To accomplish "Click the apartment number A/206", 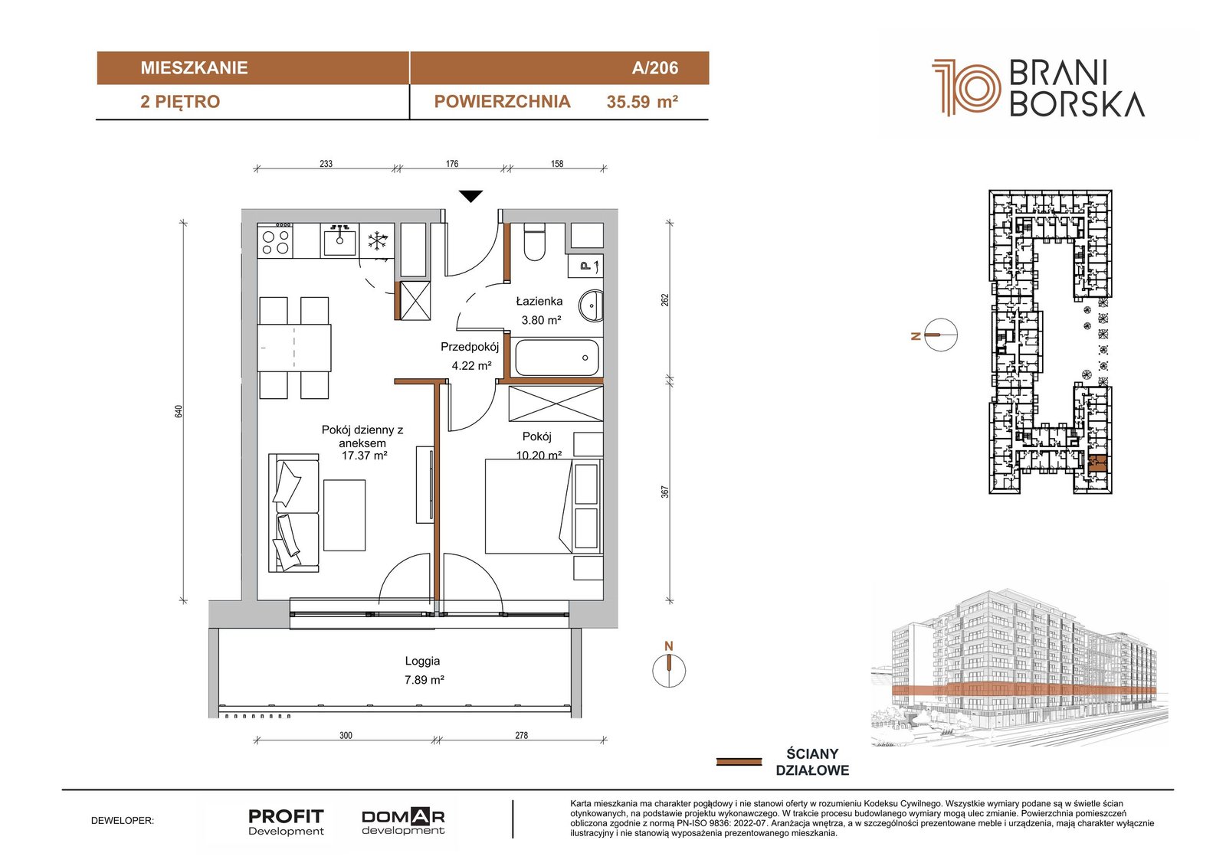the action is pos(654,68).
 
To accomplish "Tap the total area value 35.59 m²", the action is pos(642,102).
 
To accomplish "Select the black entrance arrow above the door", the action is pos(470,196).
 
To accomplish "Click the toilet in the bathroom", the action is pos(534,242).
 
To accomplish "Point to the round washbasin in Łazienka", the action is pos(592,306).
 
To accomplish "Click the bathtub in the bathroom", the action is pos(556,358).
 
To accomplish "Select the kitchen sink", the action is pos(339,240).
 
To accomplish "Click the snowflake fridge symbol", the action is pos(377,240).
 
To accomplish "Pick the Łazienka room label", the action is pos(539,301).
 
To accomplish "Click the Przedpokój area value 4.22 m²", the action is pos(471,365).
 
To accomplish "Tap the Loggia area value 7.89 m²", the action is pos(425,680).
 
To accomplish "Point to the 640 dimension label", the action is pos(179,411).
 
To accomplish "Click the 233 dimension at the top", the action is pos(326,164).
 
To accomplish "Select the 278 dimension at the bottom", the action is pos(521,735).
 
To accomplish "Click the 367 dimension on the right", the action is pos(665,492).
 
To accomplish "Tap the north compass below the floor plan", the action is pos(669,670).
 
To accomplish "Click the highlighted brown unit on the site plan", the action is pos(1098,463).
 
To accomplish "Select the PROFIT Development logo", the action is pos(286,822).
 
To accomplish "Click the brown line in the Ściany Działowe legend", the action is pos(739,762).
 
